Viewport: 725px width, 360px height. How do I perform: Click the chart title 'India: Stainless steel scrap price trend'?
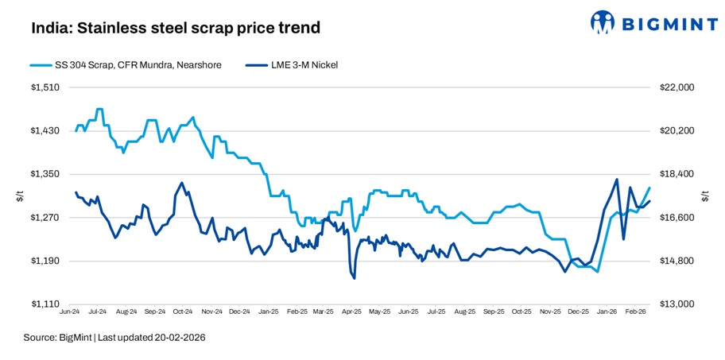(176, 28)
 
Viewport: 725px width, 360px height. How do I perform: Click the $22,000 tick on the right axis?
(677, 87)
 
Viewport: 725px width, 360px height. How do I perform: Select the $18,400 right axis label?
(677, 174)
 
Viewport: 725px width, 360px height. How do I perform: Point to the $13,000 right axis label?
(677, 304)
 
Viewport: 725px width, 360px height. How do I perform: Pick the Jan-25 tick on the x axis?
(268, 313)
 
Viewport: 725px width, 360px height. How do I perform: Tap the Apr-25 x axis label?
(351, 313)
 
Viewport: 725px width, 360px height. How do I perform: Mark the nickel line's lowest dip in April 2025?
(354, 278)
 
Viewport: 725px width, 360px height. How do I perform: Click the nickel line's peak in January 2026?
(616, 180)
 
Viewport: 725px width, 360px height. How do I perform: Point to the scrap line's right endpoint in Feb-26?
(649, 188)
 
